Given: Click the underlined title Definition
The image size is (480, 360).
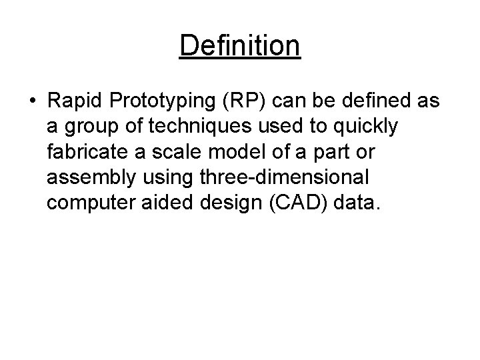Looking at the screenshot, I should pos(240,46).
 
